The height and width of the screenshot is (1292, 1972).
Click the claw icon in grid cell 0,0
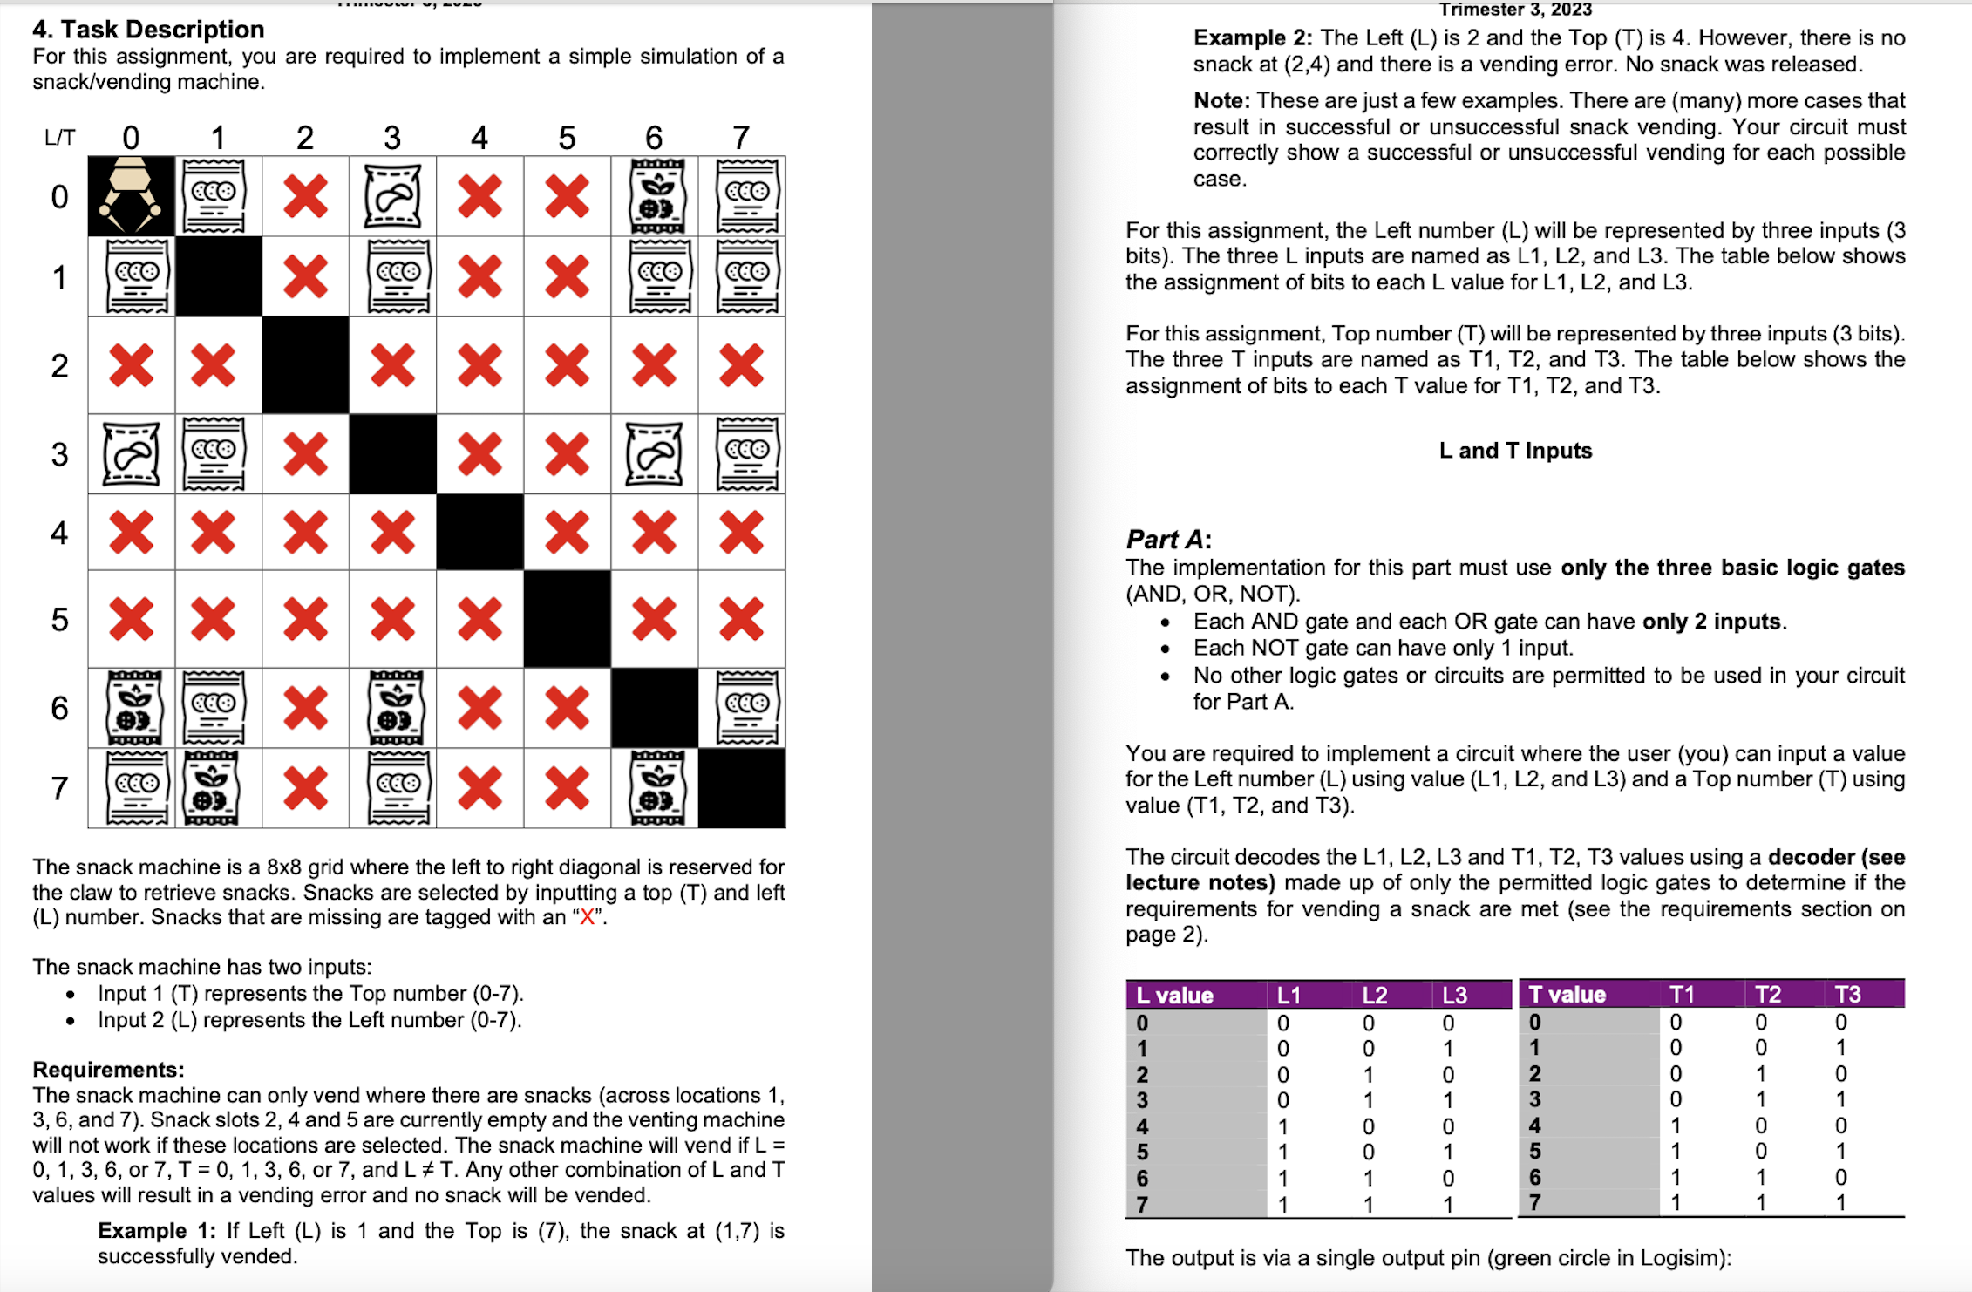click(131, 195)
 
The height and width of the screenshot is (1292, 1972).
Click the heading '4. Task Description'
click(148, 30)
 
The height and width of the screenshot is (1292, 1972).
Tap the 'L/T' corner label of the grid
click(59, 138)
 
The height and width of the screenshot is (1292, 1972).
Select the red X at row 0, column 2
click(305, 196)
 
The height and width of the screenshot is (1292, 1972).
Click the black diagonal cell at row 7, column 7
click(742, 788)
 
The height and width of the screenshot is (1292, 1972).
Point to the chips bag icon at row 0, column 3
click(392, 196)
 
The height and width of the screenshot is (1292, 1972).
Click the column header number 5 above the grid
click(567, 138)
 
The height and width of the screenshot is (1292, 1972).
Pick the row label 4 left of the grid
click(59, 532)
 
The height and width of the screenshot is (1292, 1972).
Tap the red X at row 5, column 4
click(479, 619)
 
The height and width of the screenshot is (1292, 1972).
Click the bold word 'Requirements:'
click(108, 1070)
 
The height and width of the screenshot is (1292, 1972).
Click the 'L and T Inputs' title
click(1515, 451)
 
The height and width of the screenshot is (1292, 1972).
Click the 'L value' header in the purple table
click(1174, 996)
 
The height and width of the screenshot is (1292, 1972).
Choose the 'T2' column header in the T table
click(1767, 995)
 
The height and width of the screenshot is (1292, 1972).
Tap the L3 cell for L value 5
click(1448, 1153)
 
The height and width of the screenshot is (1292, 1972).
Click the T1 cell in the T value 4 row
click(1676, 1125)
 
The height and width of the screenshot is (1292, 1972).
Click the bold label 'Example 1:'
click(157, 1231)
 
